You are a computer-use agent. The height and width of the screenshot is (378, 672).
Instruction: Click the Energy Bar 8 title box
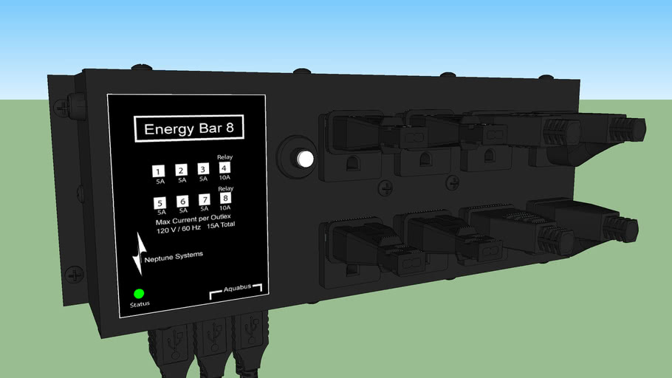[x=188, y=128]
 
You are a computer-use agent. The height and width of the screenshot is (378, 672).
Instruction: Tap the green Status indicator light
[x=138, y=293]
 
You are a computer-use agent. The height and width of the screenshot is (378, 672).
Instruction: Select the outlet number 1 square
[x=159, y=171]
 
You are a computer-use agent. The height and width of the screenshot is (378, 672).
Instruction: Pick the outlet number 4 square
[x=224, y=168]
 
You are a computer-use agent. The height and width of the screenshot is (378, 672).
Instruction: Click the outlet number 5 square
[x=160, y=203]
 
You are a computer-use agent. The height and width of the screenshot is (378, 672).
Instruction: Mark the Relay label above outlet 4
[x=224, y=157]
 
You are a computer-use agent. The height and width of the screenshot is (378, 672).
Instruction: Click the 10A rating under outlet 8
[x=225, y=208]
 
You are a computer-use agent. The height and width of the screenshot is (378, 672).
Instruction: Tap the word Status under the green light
[x=140, y=304]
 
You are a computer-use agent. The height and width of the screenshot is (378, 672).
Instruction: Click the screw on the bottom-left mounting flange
[x=75, y=275]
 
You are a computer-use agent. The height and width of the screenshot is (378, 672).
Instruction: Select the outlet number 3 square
[x=203, y=169]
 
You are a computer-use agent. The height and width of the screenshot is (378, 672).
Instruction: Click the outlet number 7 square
[x=204, y=200]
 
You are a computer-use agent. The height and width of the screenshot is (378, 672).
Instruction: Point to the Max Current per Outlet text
[x=199, y=219]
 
